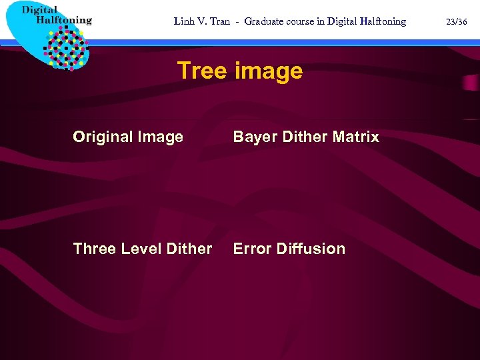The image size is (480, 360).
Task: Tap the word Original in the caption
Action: (103, 137)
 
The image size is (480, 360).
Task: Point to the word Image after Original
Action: (161, 137)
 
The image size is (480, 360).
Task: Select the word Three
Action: (93, 249)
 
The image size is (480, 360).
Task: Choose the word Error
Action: (251, 249)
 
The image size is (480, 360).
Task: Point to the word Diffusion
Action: (311, 249)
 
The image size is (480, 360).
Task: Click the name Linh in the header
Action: (184, 21)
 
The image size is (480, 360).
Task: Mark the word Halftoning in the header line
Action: (378, 21)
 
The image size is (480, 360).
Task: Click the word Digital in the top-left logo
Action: (39, 9)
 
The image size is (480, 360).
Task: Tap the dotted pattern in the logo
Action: (65, 47)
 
